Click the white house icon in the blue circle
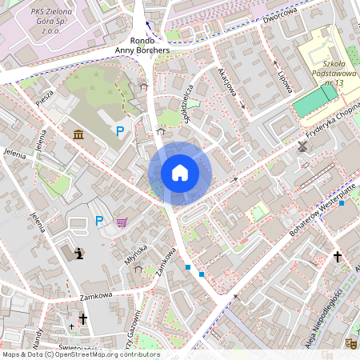[180, 173]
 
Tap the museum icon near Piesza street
[78, 134]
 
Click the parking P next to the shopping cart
[99, 221]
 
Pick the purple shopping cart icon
[122, 222]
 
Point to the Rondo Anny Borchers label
[143, 45]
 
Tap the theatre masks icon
[350, 342]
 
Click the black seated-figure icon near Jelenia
[78, 254]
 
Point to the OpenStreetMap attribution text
[80, 354]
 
